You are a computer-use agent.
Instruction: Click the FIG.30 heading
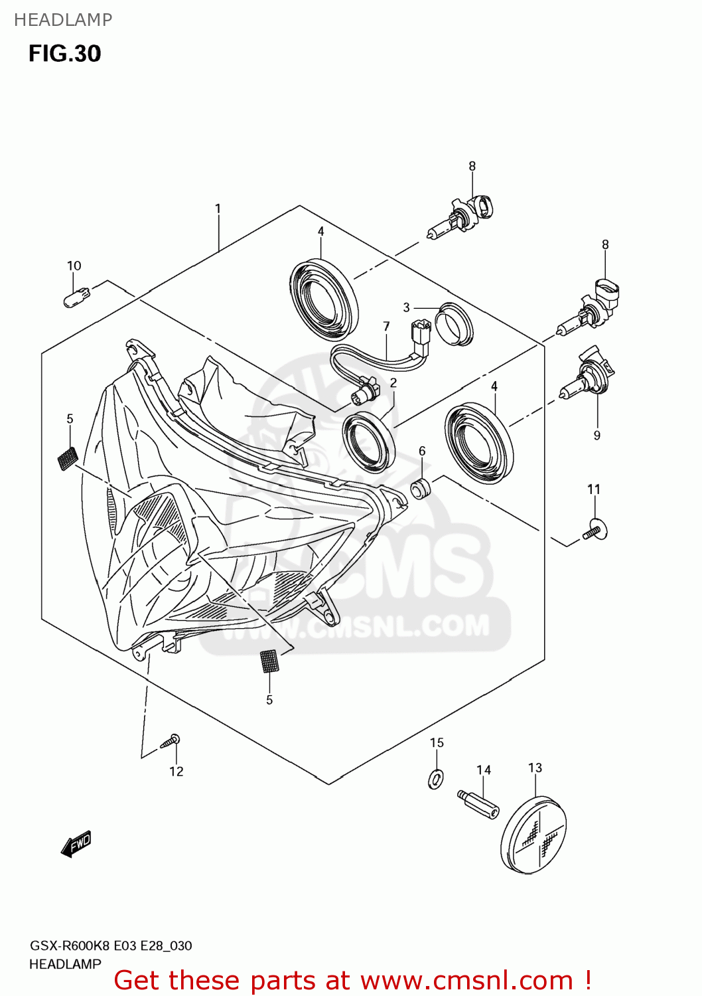pos(64,53)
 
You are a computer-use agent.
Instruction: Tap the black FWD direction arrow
pos(76,844)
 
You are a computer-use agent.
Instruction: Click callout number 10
pos(74,266)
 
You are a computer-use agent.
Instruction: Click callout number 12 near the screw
pos(176,771)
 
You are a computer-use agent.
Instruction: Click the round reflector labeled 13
pos(533,835)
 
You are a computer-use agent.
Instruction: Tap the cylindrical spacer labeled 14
pos(478,805)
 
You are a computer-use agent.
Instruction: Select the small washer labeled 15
pos(436,778)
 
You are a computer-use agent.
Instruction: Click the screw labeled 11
pos(595,531)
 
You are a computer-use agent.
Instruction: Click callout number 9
pos(597,435)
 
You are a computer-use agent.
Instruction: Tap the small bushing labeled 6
pos(421,489)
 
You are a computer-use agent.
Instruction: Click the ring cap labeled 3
pos(455,325)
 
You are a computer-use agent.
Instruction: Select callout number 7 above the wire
pos(386,326)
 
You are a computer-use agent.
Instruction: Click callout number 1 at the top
pos(218,208)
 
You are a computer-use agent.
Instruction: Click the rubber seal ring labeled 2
pos(368,442)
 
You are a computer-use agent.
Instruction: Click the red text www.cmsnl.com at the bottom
pos(465,980)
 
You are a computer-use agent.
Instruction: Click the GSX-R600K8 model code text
pos(70,946)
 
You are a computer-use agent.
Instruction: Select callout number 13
pos(535,768)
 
